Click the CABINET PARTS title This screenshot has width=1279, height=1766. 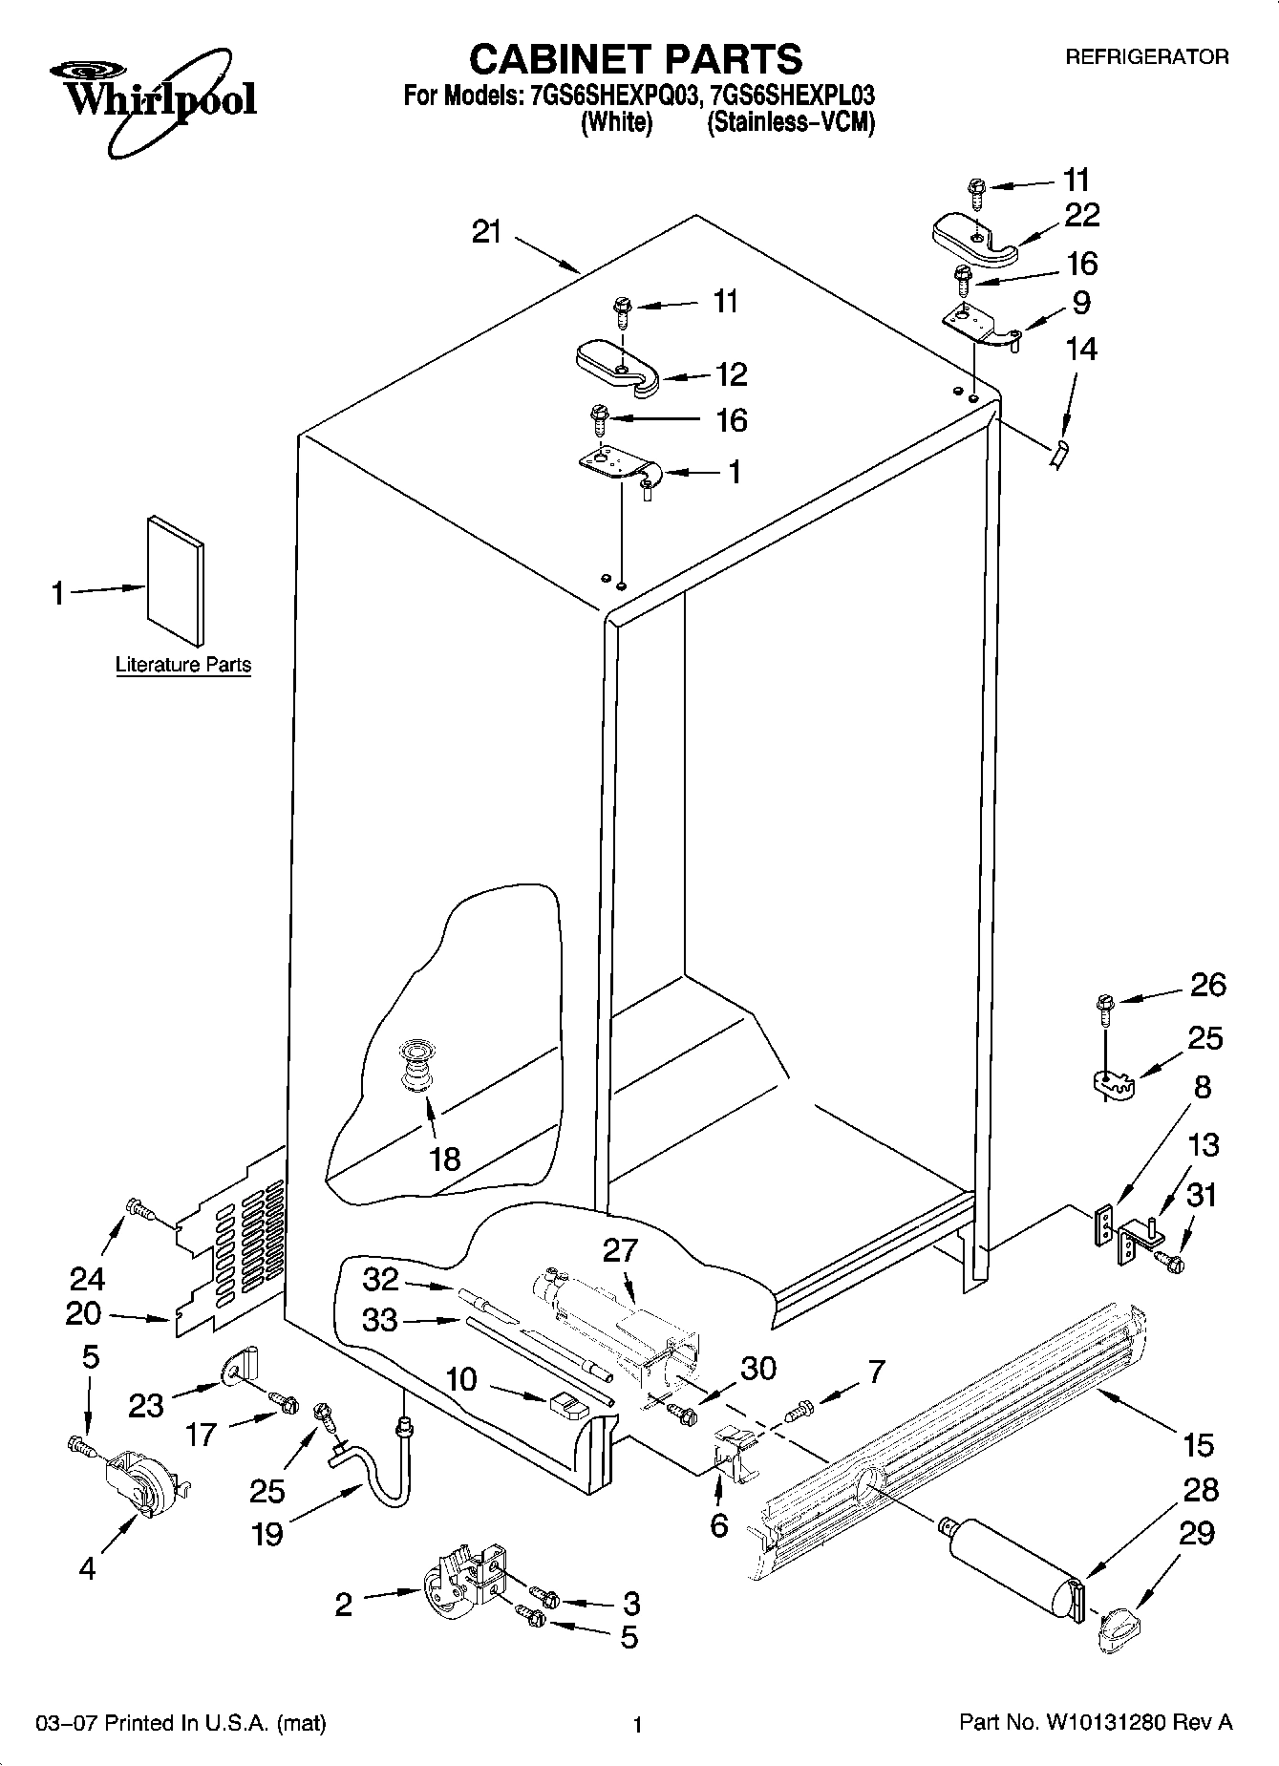[x=635, y=59]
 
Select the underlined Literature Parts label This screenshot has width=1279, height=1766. [x=183, y=665]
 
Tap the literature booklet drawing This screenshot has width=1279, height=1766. [x=175, y=580]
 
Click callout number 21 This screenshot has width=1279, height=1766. [x=487, y=232]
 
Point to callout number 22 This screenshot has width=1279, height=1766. [x=1081, y=215]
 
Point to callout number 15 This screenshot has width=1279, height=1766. [x=1198, y=1444]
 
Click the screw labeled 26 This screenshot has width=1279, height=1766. [x=1105, y=1008]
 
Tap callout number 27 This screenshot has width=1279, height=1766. [x=620, y=1249]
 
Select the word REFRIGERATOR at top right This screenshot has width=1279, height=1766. [x=1146, y=57]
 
